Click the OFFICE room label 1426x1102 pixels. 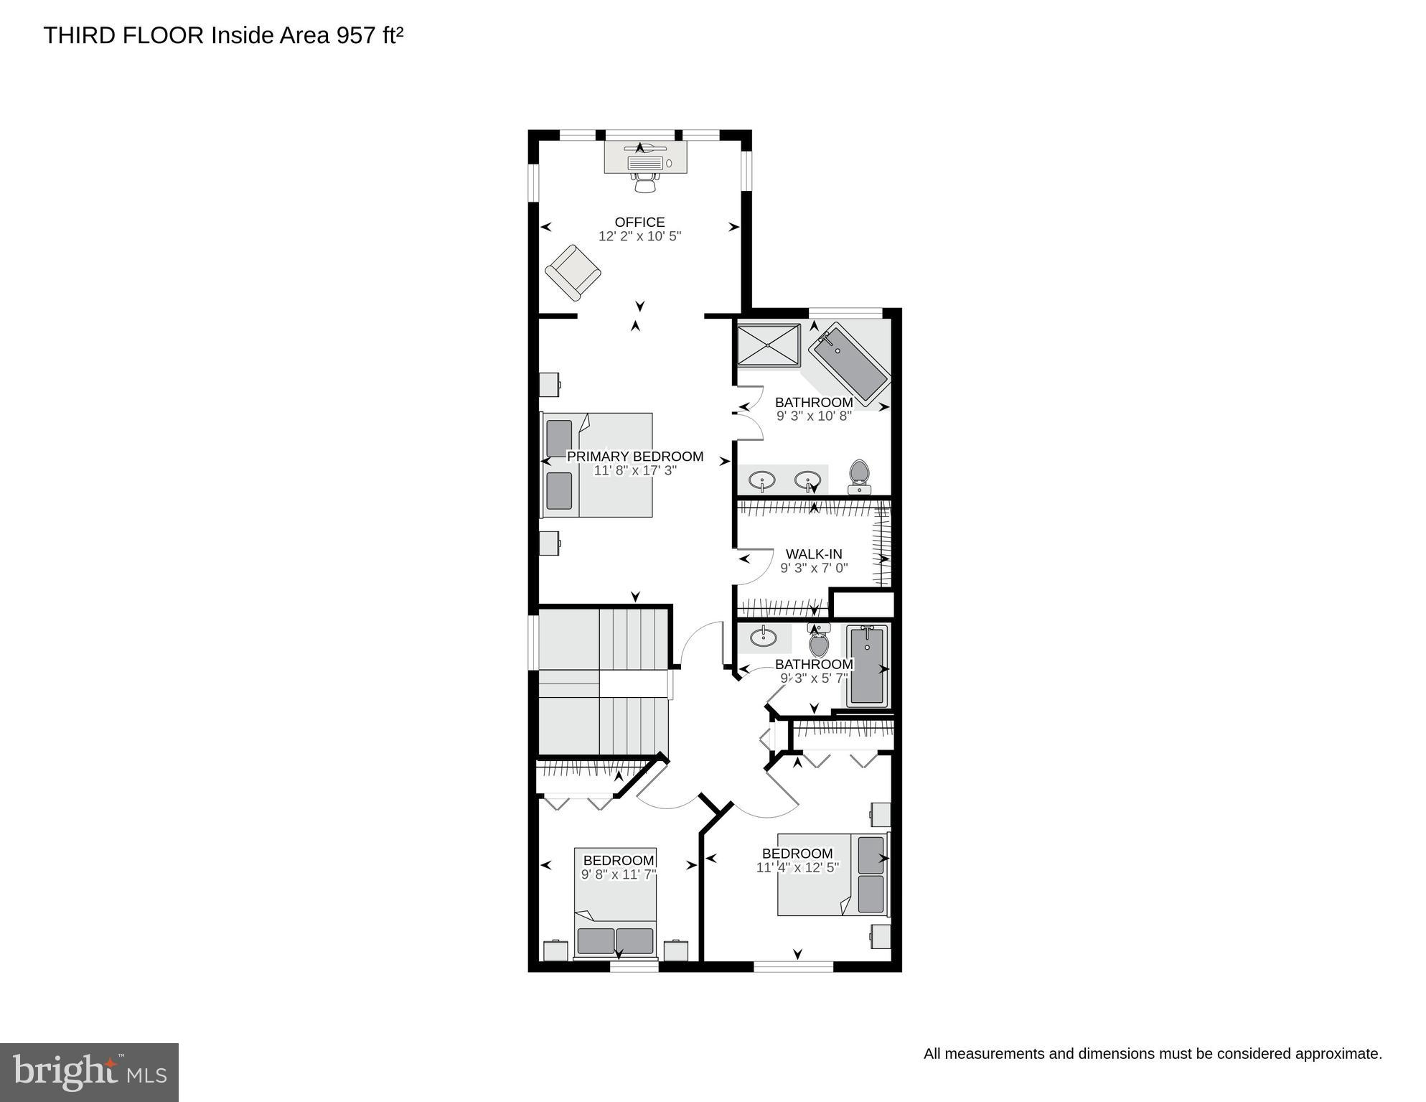pyautogui.click(x=639, y=223)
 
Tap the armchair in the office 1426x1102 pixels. pyautogui.click(x=573, y=273)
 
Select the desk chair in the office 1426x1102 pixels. pyautogui.click(x=645, y=183)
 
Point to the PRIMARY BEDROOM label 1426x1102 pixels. pyautogui.click(x=635, y=457)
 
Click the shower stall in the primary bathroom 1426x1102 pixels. pyautogui.click(x=769, y=345)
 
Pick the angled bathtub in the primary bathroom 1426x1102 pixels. pyautogui.click(x=850, y=363)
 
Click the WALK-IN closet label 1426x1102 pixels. pyautogui.click(x=814, y=554)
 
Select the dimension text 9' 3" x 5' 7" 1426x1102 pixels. pyautogui.click(x=814, y=678)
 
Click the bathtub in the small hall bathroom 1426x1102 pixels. pyautogui.click(x=867, y=665)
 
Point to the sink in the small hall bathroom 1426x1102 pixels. pyautogui.click(x=763, y=636)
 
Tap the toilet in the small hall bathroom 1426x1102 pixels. pyautogui.click(x=819, y=641)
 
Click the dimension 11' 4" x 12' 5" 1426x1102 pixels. pyautogui.click(x=797, y=867)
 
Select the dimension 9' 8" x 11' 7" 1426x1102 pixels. pyautogui.click(x=619, y=874)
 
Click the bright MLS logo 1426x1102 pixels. pyautogui.click(x=89, y=1072)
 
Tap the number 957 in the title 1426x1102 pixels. pyautogui.click(x=356, y=36)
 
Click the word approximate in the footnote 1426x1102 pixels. pyautogui.click(x=1341, y=1054)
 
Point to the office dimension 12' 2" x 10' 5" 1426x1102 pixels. pyautogui.click(x=639, y=236)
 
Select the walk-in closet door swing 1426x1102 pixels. pyautogui.click(x=754, y=567)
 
